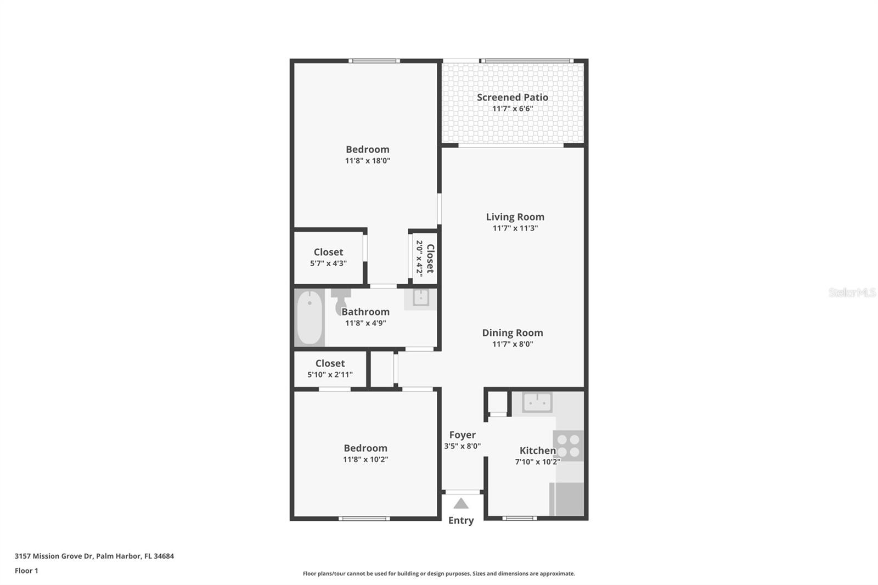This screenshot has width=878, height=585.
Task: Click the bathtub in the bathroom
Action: pos(309,318)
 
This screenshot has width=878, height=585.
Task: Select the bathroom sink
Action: pos(421,298)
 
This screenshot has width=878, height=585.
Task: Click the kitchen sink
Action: pos(537,402)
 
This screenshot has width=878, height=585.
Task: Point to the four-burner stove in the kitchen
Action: pos(568,446)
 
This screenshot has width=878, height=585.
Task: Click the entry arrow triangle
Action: pos(461,503)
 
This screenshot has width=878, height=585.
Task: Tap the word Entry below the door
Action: pos(461,520)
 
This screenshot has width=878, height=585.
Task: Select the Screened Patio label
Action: pos(513,97)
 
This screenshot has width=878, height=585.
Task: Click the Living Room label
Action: pos(515,217)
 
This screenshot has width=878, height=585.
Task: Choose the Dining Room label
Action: pos(513,333)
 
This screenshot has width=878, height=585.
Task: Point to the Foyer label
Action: pos(462,435)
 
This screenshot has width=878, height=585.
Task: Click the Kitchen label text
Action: pos(537,451)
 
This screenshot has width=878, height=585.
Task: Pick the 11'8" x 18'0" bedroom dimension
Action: pos(367,161)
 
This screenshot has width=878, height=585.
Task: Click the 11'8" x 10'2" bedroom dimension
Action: pos(365,459)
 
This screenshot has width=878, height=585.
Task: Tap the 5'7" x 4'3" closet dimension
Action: pos(328,263)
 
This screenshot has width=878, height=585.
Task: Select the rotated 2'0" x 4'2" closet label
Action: pos(425,258)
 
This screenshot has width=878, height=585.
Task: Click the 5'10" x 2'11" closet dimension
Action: pos(330,375)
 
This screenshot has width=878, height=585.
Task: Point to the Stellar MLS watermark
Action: pos(852,292)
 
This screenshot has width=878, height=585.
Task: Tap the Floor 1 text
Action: pos(26,571)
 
